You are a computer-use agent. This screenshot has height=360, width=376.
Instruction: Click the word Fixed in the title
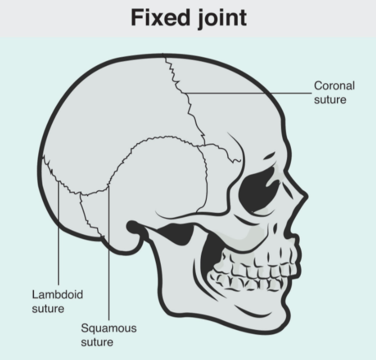pos(160,18)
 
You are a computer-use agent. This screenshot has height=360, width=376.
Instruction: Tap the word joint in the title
pos(222,19)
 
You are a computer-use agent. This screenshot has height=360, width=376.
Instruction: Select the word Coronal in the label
pos(334,86)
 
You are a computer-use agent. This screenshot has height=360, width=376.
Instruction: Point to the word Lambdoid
pos(58,295)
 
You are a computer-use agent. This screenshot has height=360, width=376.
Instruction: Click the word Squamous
pos(109,329)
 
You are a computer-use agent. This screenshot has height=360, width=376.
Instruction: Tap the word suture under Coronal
pos(330,99)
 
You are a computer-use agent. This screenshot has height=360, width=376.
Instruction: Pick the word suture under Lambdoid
pos(48,308)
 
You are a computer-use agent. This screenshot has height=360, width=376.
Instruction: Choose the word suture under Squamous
pos(97,342)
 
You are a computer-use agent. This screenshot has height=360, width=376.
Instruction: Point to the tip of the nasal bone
pos(306,196)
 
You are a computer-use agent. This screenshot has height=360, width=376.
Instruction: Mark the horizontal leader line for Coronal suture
pos(248,93)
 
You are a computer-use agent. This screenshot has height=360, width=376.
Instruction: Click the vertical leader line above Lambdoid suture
pos(58,233)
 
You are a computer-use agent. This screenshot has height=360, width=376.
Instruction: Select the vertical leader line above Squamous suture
pos(109,252)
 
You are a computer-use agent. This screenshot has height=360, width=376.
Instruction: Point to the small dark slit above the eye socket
pos(270,156)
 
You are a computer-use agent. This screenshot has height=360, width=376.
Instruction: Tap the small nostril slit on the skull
pos(275,228)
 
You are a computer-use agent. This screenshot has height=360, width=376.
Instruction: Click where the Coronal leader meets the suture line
pos(184,93)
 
